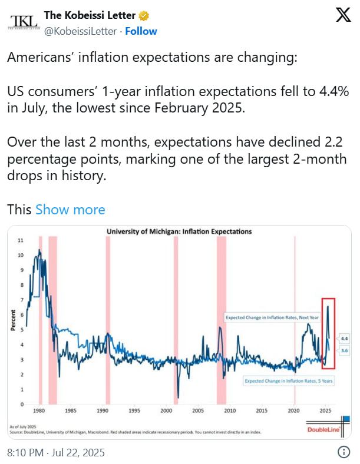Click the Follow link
[x=141, y=31]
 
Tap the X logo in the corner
[x=342, y=16]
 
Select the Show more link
[x=70, y=210]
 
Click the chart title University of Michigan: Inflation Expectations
[x=179, y=231]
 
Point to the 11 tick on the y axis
[x=21, y=241]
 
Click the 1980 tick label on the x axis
[x=40, y=410]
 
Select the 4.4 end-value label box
[x=345, y=339]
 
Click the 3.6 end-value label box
[x=345, y=351]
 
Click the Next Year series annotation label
[x=273, y=318]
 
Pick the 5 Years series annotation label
[x=289, y=381]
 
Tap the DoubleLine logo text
[x=323, y=430]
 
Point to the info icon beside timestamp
[x=344, y=452]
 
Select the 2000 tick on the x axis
[x=293, y=410]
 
